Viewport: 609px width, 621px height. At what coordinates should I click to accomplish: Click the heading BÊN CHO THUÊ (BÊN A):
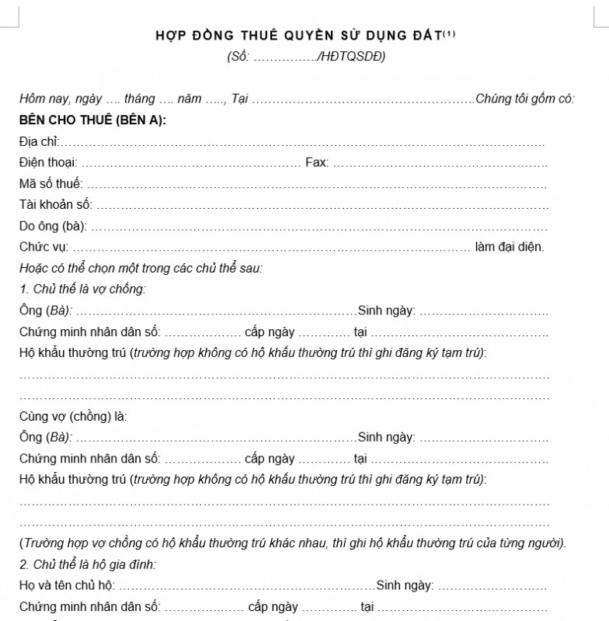point(92,120)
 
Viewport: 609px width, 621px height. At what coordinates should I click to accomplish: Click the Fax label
point(316,162)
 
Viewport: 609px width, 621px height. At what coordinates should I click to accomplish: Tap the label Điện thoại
point(47,162)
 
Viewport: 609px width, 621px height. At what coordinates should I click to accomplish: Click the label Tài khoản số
point(55,205)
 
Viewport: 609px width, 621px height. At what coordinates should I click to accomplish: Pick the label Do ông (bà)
point(53,226)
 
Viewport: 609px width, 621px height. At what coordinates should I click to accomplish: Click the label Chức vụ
point(43,247)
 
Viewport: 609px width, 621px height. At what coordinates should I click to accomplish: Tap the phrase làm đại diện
point(510,247)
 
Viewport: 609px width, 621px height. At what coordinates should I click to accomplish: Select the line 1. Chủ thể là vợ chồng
point(82,290)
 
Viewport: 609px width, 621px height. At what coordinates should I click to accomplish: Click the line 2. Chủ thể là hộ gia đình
point(87,564)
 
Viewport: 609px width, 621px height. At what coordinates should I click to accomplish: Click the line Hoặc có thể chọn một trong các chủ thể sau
point(141,269)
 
